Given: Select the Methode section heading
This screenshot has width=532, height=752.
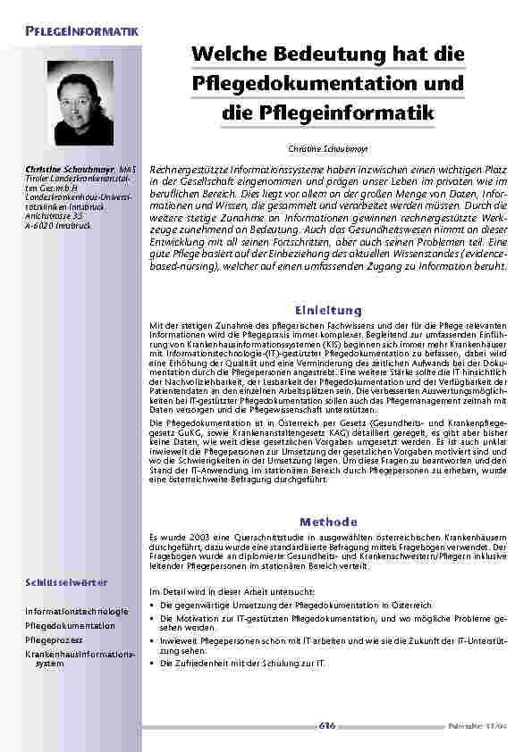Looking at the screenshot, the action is point(328,521).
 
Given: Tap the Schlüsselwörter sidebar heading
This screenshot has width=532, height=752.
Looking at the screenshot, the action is point(66,582).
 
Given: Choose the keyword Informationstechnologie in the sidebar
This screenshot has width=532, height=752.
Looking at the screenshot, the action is point(77,611).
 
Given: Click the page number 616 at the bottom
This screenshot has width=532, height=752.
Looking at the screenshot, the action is point(327,725).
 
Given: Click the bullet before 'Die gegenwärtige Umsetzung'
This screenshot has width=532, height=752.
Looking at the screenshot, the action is point(152,606).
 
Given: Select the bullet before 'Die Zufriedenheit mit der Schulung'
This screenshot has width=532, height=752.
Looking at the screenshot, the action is point(152,664).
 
